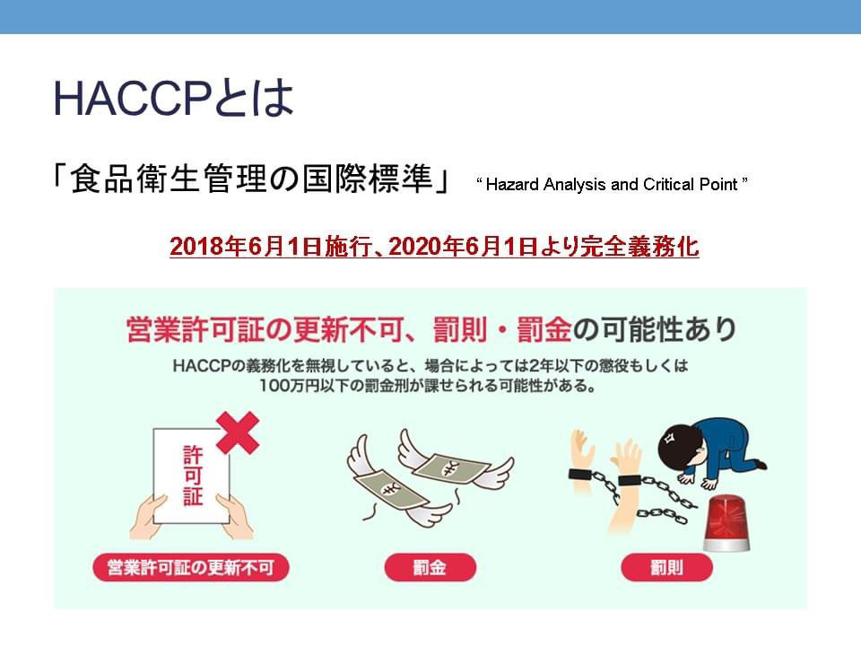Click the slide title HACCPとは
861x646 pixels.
tap(173, 99)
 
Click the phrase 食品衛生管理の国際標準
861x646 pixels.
tap(251, 179)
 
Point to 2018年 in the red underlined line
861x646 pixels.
tap(207, 246)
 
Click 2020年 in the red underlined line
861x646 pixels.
tap(426, 246)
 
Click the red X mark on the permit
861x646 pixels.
tap(238, 432)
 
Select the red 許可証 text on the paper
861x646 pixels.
tap(193, 476)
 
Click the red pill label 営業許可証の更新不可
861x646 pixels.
tap(190, 567)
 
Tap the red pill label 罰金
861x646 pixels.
tap(430, 567)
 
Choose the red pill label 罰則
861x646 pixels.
tap(666, 567)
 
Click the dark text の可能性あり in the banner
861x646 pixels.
tap(655, 329)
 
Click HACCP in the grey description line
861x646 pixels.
tap(202, 366)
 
